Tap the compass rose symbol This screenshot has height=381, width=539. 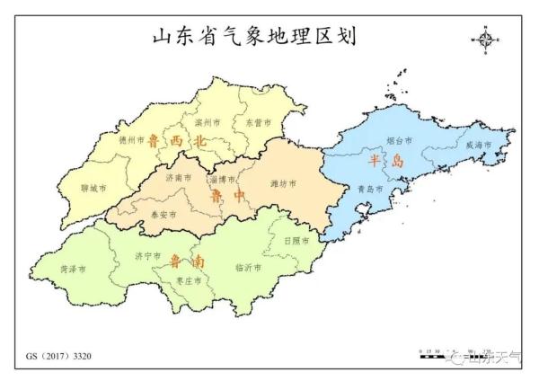(486, 40)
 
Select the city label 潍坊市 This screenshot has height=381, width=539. (283, 184)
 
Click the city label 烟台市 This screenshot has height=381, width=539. (399, 141)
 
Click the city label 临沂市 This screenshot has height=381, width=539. (247, 268)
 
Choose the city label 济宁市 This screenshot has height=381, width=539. (147, 256)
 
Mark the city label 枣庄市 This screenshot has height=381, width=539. (187, 280)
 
